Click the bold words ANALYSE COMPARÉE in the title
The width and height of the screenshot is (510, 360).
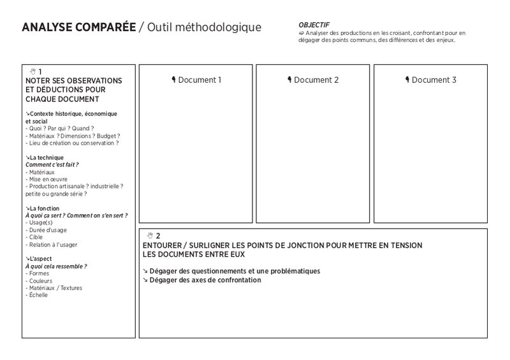78,27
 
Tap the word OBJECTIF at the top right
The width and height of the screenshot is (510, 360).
314,25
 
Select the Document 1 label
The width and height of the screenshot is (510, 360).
196,80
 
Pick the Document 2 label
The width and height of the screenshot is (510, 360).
313,80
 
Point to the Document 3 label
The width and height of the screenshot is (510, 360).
431,80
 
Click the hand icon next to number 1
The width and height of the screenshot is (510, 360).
33,71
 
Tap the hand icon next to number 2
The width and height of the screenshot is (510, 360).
150,236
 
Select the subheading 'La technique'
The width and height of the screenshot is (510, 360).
45,157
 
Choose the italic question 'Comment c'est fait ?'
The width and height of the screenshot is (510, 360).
52,164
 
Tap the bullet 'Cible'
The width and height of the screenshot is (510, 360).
35,237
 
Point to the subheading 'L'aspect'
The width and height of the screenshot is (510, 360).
41,259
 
